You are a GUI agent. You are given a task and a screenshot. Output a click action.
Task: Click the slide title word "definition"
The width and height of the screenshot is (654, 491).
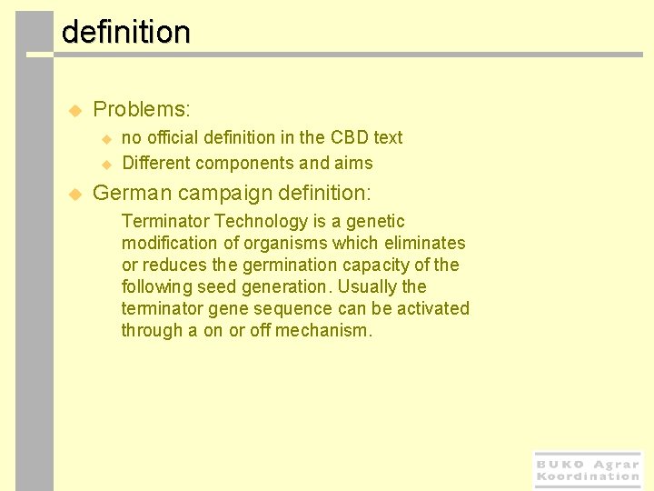[125, 33]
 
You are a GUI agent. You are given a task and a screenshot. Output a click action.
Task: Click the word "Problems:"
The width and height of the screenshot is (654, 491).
[142, 110]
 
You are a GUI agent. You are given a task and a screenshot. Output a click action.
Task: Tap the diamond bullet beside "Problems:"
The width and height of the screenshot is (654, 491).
[75, 110]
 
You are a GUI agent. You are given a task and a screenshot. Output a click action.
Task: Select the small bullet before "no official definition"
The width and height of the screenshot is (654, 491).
[105, 139]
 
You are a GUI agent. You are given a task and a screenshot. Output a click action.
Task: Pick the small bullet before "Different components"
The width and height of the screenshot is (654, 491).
[105, 165]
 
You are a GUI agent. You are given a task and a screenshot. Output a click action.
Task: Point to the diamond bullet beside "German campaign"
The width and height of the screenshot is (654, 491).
[75, 194]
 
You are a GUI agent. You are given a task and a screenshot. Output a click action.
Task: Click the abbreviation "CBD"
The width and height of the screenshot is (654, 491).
[349, 137]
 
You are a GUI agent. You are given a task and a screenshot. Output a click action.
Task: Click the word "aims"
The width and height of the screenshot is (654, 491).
[353, 164]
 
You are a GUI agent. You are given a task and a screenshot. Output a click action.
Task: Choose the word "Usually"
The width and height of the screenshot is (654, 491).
[367, 286]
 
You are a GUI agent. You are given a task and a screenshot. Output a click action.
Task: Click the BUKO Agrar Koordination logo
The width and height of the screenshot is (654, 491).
[588, 470]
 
